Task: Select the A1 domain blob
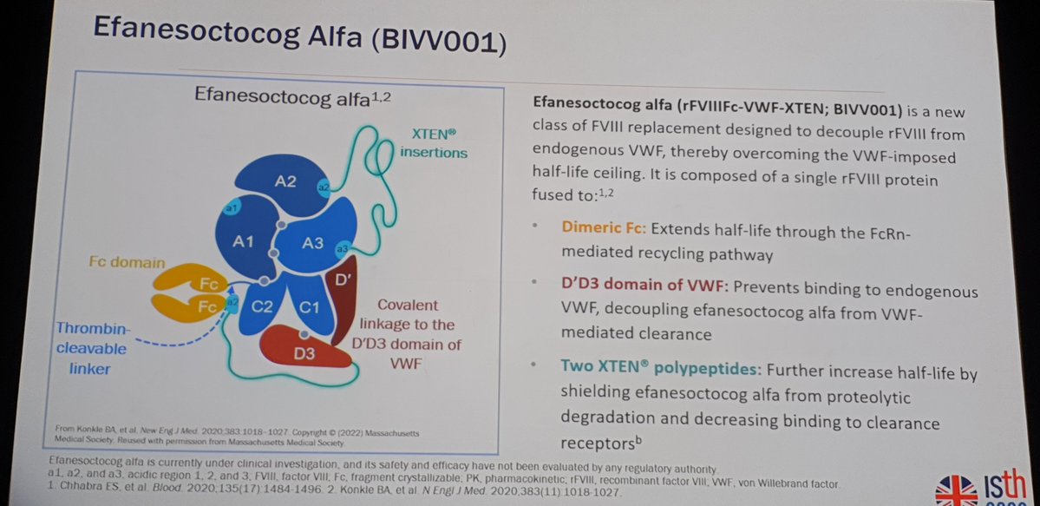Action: click(243, 242)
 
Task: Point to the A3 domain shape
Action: click(312, 243)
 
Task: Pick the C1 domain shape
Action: click(309, 306)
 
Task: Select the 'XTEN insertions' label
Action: click(433, 145)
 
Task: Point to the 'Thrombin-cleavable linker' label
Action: click(92, 348)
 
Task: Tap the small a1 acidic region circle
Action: click(232, 209)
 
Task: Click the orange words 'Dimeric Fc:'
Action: click(603, 229)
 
